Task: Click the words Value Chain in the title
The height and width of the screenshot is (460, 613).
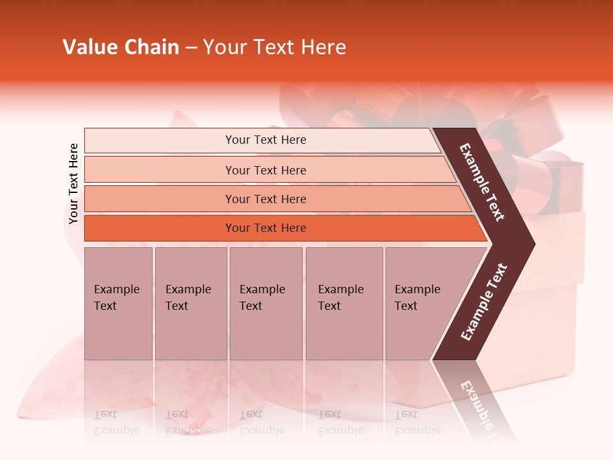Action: pyautogui.click(x=121, y=47)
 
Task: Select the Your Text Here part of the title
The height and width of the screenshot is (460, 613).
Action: pyautogui.click(x=274, y=47)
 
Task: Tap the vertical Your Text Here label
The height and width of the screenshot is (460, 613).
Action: pyautogui.click(x=73, y=183)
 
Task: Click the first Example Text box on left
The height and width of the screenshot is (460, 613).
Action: pyautogui.click(x=118, y=303)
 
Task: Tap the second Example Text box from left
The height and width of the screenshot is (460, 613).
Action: pyautogui.click(x=190, y=303)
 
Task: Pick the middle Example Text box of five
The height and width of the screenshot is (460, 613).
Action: pyautogui.click(x=266, y=303)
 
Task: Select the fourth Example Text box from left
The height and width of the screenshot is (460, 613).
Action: pyautogui.click(x=344, y=303)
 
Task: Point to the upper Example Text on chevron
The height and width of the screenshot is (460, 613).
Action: pyautogui.click(x=483, y=182)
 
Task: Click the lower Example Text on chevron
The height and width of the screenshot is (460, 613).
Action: pyautogui.click(x=484, y=302)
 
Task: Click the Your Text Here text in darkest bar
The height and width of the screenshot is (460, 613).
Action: pyautogui.click(x=266, y=228)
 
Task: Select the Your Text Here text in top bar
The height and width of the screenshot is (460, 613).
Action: pyautogui.click(x=266, y=140)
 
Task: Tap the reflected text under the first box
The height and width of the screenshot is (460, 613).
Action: pyautogui.click(x=117, y=422)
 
